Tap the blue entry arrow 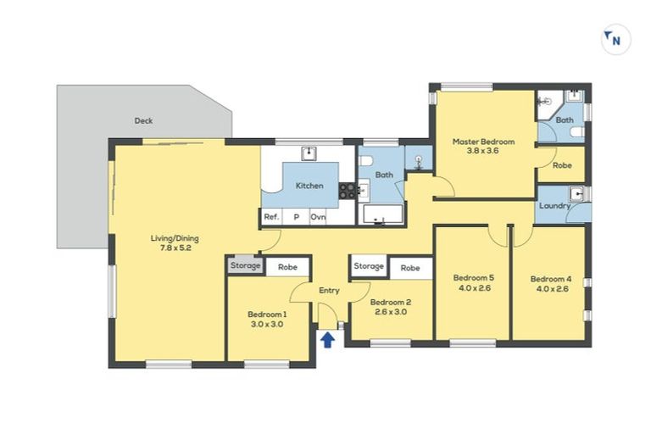327,339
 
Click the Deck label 143,120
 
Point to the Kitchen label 309,186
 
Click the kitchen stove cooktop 347,191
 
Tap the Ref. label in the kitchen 271,217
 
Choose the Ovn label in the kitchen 318,217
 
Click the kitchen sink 309,153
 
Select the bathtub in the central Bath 384,213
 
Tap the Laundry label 554,205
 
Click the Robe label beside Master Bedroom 561,165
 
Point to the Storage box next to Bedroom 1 245,266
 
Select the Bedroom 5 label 473,277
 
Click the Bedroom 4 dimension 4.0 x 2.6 550,289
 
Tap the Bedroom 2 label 391,302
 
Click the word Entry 329,291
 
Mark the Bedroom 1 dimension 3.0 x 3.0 265,324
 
